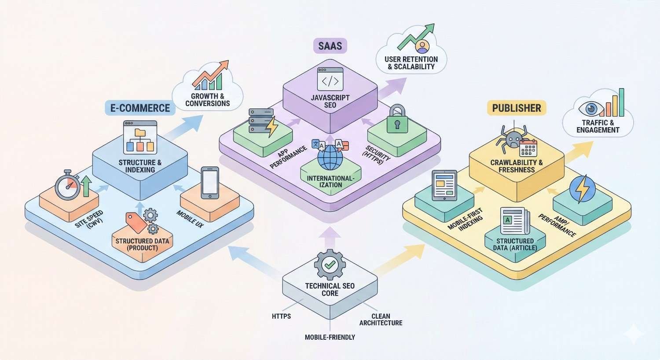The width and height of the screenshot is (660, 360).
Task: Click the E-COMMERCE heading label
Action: point(140,108)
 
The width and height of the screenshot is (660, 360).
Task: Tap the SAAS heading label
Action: point(330,45)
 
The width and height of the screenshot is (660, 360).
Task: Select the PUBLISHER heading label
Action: point(517,108)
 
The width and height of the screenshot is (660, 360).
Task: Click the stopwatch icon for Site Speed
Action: point(68,184)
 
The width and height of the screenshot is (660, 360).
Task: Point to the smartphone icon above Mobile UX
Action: point(209,183)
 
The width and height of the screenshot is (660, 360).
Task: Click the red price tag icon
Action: point(136,222)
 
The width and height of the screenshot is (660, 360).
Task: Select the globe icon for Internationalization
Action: point(330,159)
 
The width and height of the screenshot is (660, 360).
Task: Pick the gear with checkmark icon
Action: point(330,265)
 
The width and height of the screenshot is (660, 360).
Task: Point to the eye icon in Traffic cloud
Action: point(588,108)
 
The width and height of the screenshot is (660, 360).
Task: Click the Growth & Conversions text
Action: point(207,99)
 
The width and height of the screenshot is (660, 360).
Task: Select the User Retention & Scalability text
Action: point(411,63)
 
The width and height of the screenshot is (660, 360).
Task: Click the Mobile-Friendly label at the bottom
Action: point(330,337)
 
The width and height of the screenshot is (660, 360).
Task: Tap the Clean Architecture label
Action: point(381,320)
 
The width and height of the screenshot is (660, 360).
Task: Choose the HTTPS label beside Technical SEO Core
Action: point(281,316)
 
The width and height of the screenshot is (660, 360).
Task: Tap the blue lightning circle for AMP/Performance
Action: point(582,189)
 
